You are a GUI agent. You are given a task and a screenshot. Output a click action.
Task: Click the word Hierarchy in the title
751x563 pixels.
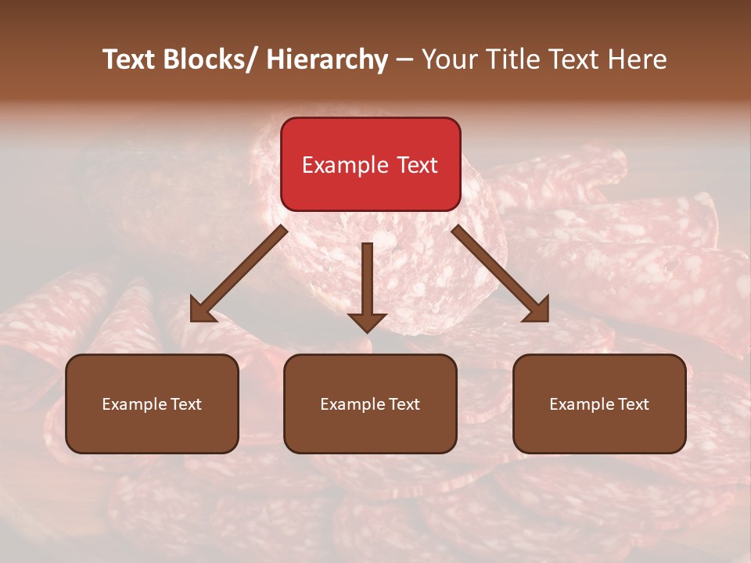coord(327,59)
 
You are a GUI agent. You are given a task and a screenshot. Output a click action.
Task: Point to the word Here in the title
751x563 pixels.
coord(637,59)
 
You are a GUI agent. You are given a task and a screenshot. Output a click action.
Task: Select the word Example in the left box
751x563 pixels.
coord(131,404)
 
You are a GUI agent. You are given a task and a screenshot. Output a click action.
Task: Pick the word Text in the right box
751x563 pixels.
coord(634,404)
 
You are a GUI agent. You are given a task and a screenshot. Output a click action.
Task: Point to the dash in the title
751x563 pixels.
coord(404,59)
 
